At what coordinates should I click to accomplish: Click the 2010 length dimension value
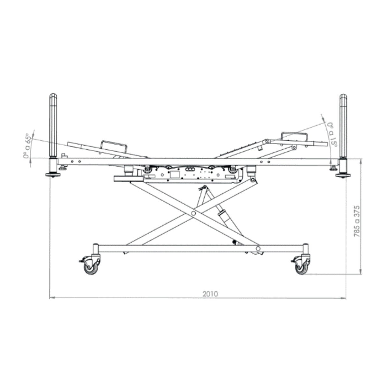coord(210,294)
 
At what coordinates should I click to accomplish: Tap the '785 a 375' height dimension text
coord(357,221)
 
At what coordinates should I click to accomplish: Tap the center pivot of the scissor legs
coord(193,213)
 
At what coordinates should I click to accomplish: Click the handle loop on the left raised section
coord(114,145)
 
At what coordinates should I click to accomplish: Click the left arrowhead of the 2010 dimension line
coord(51,298)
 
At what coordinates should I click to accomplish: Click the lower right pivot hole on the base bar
coord(258,248)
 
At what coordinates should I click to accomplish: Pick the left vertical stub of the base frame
coord(95,249)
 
